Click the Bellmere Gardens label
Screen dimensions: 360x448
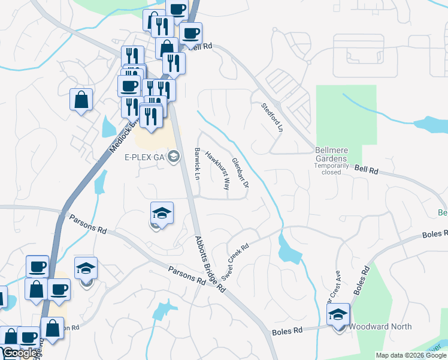(332, 153)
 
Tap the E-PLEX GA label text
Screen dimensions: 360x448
(144, 157)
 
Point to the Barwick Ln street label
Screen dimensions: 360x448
(197, 162)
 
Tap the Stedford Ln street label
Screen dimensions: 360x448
(271, 117)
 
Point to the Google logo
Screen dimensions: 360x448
(20, 353)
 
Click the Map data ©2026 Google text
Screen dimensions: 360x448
(410, 355)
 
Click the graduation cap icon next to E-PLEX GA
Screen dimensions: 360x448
(174, 157)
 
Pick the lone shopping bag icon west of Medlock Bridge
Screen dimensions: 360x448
(81, 100)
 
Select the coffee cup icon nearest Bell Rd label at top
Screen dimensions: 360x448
(190, 33)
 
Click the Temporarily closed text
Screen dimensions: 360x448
(331, 172)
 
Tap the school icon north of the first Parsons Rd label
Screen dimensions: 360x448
(161, 212)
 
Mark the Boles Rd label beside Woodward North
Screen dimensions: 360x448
(287, 331)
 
